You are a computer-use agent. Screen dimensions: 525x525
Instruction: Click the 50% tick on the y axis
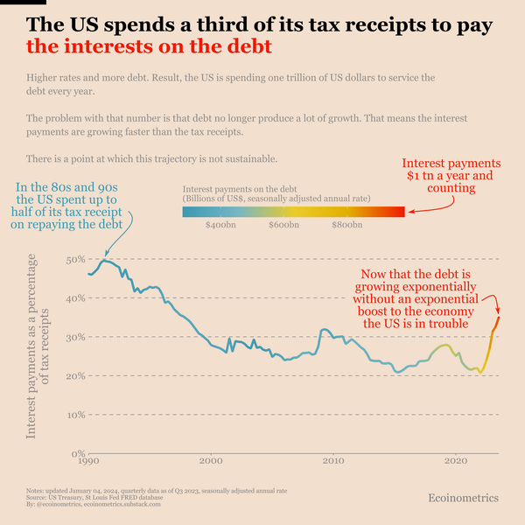click(74, 259)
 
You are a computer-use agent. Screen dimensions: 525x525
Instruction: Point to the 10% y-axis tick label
click(74, 414)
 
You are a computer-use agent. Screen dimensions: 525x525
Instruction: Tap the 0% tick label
click(77, 453)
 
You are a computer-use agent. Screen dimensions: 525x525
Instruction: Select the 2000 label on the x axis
click(211, 462)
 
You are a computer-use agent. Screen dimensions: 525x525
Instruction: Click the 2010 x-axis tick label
click(332, 462)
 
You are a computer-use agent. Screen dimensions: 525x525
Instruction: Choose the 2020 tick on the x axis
click(455, 462)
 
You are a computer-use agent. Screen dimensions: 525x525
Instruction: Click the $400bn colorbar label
click(219, 226)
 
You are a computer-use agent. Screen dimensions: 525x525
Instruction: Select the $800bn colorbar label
click(347, 226)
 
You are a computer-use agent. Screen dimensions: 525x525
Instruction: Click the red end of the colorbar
click(401, 211)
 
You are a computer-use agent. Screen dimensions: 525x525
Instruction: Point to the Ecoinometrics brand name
click(463, 497)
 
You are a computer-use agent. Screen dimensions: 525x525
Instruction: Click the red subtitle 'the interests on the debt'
click(149, 45)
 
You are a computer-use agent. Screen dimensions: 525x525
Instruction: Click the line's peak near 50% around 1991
click(105, 260)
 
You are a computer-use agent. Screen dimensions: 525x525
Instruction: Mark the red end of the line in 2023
click(498, 318)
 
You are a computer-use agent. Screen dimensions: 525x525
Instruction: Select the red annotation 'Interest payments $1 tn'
click(451, 175)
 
